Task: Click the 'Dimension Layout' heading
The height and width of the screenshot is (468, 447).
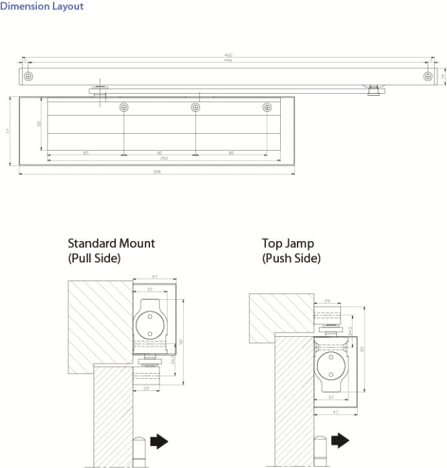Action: (x=43, y=6)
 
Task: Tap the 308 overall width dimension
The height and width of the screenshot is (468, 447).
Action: (x=157, y=171)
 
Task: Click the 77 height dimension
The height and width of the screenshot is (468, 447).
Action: (x=8, y=131)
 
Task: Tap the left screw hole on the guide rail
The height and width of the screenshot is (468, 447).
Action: (x=28, y=76)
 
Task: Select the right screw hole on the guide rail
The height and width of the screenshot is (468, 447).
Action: (x=428, y=76)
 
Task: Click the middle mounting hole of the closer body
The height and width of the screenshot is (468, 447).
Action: (x=196, y=107)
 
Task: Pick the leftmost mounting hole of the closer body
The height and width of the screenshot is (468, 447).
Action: (x=123, y=107)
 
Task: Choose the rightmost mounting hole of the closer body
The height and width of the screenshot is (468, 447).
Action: (x=267, y=107)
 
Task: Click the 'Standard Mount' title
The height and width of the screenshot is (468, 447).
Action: (x=111, y=243)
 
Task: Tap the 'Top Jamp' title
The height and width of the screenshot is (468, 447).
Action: (x=288, y=243)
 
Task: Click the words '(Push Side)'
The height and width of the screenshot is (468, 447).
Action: (x=291, y=258)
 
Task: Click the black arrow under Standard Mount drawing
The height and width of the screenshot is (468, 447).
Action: (x=157, y=441)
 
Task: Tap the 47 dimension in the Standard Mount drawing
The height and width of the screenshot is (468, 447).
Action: (x=153, y=276)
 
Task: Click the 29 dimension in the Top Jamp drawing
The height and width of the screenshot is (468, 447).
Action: (x=328, y=302)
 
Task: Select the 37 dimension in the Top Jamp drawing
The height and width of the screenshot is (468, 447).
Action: (x=330, y=397)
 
